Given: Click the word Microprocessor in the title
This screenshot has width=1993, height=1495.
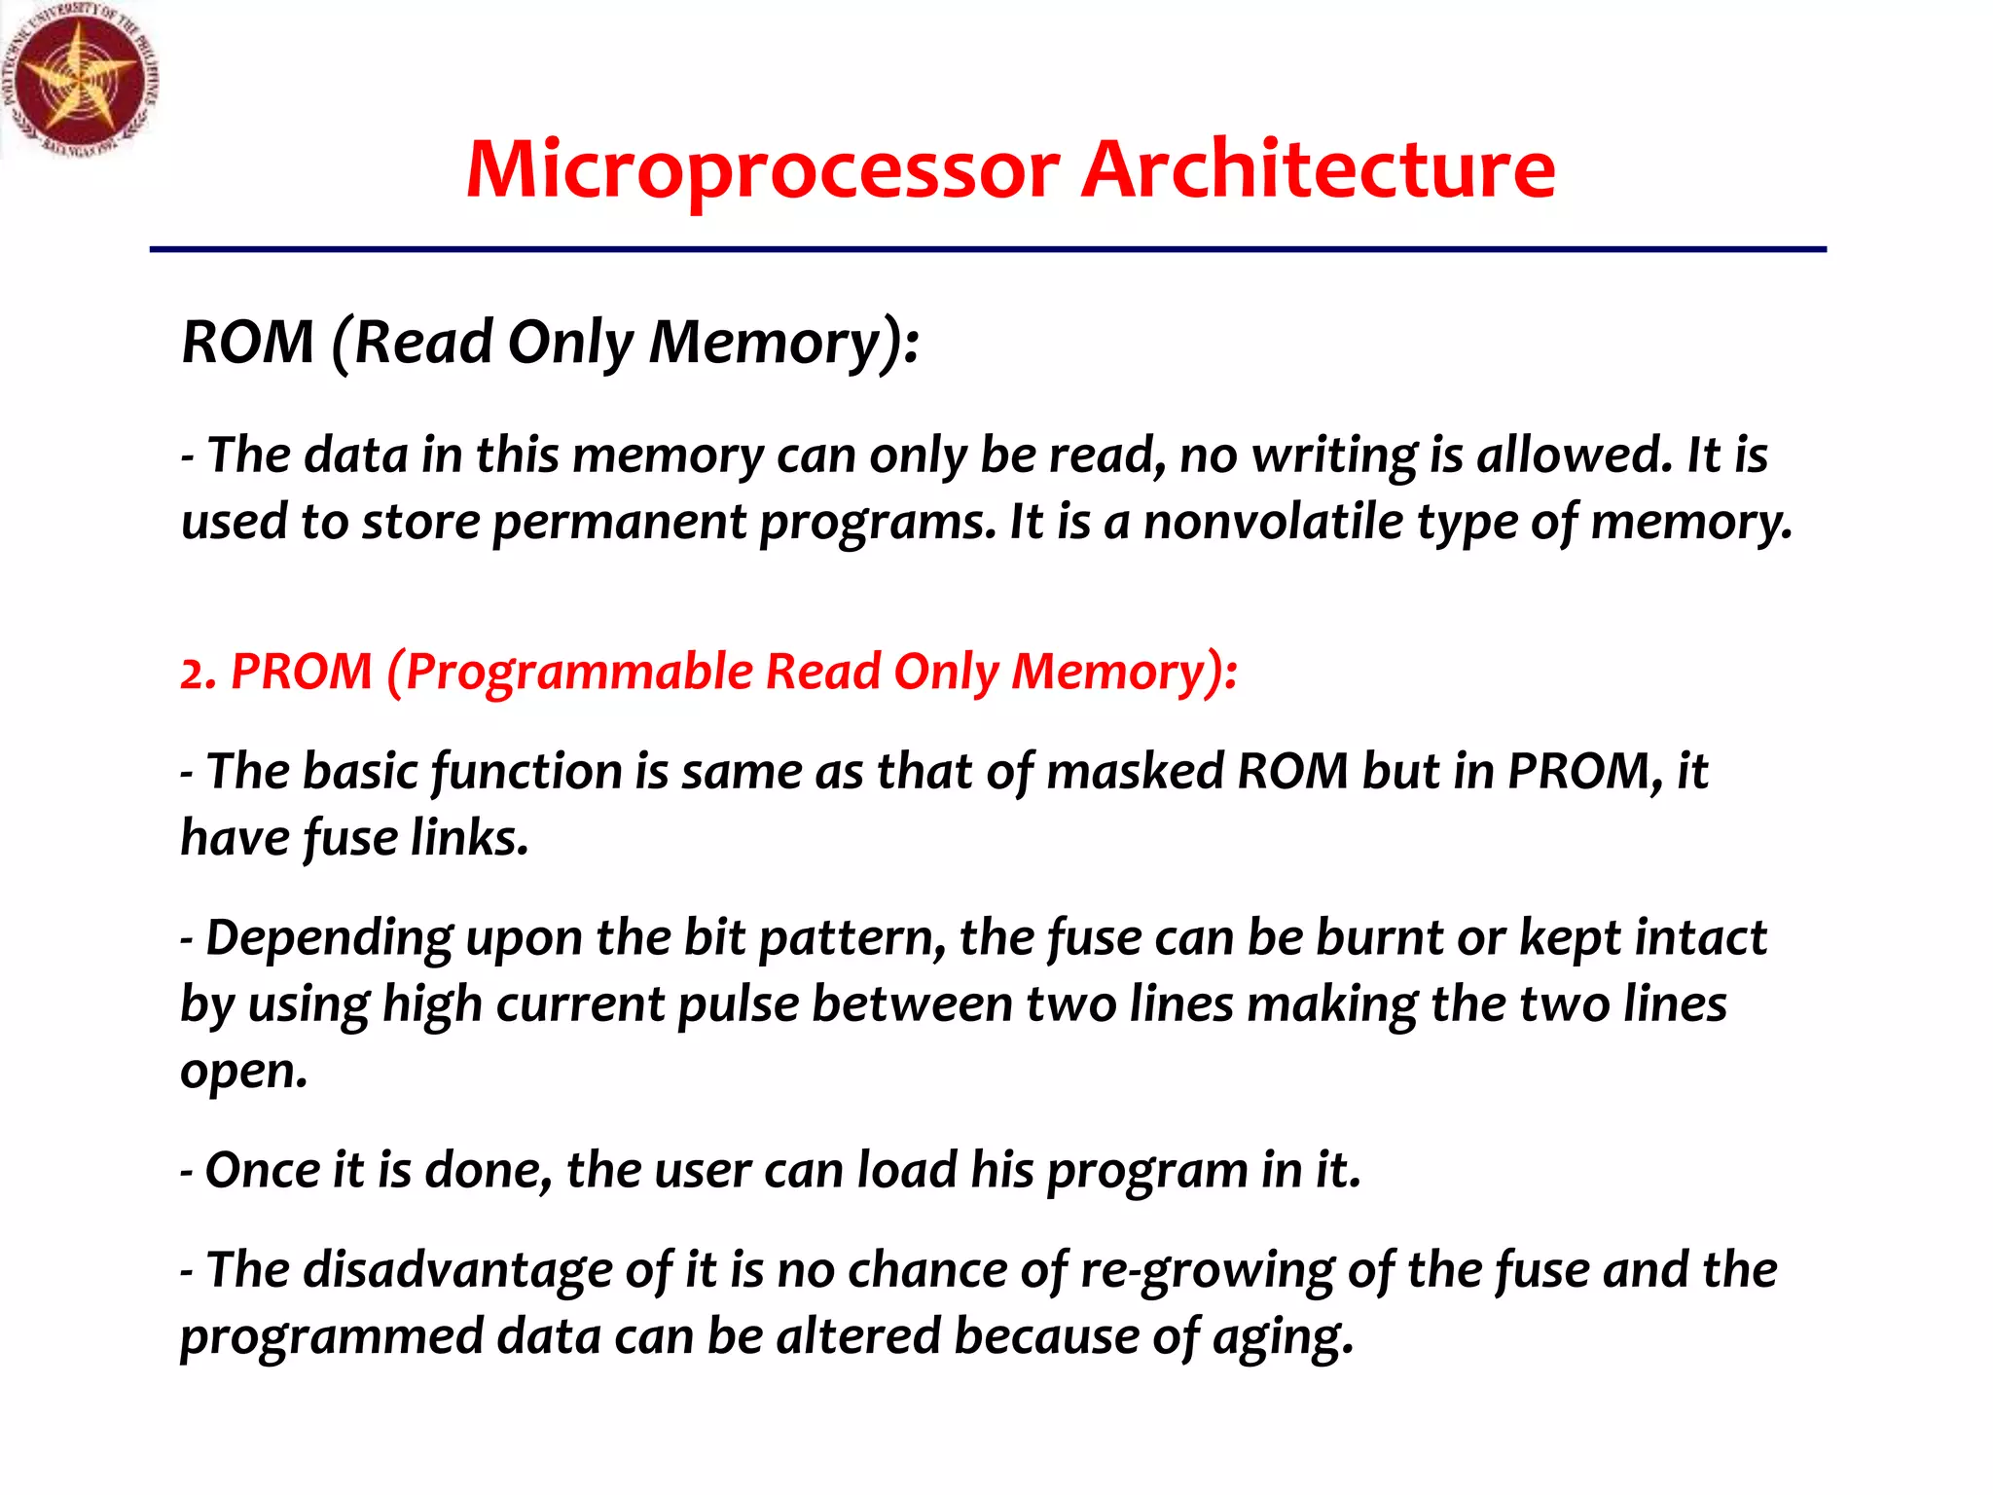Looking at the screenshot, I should (x=762, y=170).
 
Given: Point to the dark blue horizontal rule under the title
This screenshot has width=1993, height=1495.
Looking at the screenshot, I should (x=987, y=250).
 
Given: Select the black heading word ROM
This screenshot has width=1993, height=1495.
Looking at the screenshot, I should (x=248, y=343).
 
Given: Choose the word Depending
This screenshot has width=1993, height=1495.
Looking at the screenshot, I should (x=329, y=939).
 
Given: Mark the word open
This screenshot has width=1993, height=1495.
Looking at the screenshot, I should (x=242, y=1073).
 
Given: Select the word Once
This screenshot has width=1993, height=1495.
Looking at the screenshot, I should (x=262, y=1170).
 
